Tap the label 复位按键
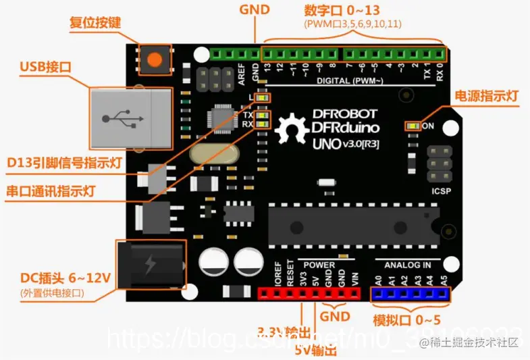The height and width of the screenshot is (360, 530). pos(95,22)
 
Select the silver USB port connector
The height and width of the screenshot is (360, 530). pos(128,118)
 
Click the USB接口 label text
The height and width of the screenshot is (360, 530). pos(45,67)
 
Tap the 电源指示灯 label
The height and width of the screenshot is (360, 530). pos(487,96)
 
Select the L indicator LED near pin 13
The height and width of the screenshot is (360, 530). pos(262,99)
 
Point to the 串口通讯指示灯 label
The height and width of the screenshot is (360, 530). pos(60,190)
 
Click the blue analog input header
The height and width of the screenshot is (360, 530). pos(410,293)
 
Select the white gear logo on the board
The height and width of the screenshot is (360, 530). pos(292,128)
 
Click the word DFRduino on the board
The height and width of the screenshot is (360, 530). pos(344,128)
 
